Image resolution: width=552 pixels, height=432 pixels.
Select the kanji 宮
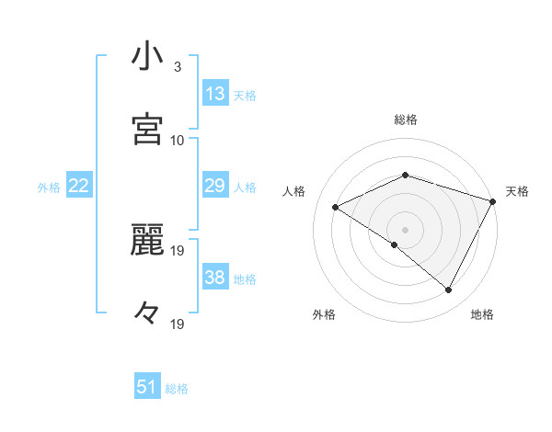(147, 129)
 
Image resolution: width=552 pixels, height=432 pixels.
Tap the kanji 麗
(147, 241)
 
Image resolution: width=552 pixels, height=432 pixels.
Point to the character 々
(147, 313)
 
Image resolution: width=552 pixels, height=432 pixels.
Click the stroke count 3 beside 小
(178, 67)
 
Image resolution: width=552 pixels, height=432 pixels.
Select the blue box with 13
(215, 94)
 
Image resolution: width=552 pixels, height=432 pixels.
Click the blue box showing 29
(215, 186)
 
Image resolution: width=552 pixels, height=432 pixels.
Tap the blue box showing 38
(215, 278)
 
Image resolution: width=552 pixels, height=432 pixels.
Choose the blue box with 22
(79, 186)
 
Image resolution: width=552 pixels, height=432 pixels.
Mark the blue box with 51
(147, 387)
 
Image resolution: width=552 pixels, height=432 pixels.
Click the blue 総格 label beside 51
(177, 389)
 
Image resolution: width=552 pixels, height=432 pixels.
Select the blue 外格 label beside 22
(49, 188)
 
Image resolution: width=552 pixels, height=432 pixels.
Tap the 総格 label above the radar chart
(406, 119)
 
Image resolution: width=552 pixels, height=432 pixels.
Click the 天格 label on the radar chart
(517, 191)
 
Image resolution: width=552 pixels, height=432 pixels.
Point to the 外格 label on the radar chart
(324, 314)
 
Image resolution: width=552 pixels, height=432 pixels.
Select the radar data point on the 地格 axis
(449, 290)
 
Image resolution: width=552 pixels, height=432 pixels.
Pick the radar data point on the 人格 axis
(336, 207)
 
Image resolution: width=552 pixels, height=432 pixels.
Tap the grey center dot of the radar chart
(406, 229)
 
